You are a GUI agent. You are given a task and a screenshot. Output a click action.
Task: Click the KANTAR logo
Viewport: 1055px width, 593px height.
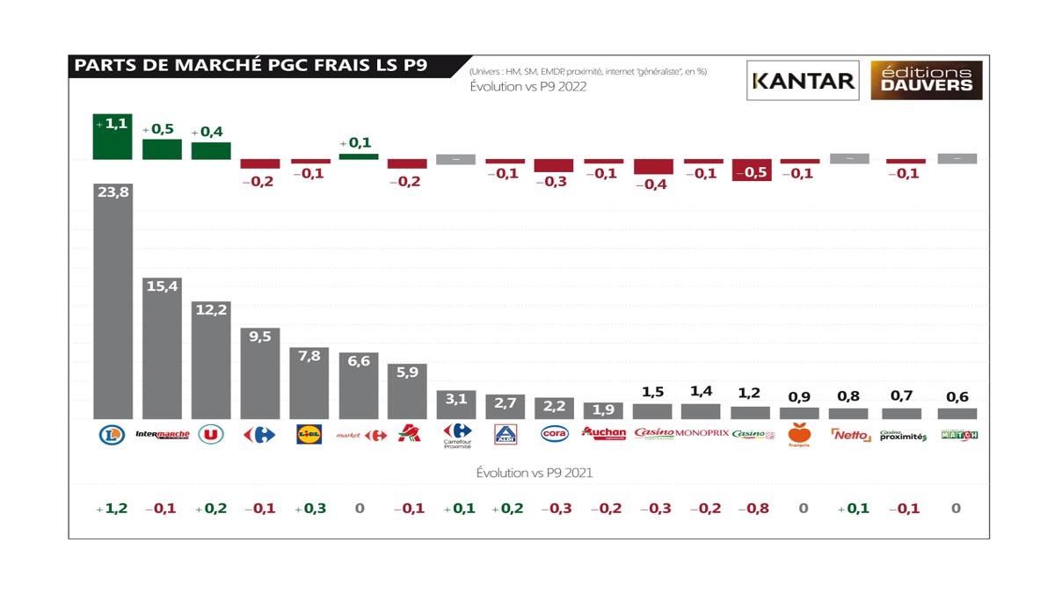pos(803,81)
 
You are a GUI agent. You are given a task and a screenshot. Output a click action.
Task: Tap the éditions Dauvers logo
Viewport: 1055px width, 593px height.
pos(927,80)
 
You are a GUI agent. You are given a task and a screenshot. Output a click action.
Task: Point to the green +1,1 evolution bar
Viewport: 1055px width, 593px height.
pos(113,136)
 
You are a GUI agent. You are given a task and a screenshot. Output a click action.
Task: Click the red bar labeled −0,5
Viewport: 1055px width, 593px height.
pos(752,170)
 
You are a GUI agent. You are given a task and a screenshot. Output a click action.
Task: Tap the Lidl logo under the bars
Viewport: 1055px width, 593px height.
pos(309,434)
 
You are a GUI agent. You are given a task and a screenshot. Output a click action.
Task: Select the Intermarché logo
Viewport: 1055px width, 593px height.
pos(163,434)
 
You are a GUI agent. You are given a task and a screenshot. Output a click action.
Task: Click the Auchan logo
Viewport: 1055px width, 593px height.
pos(604,433)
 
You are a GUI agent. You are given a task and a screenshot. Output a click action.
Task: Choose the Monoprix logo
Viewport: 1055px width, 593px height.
pos(702,433)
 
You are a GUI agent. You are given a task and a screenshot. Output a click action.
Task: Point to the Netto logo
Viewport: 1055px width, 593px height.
pos(849,434)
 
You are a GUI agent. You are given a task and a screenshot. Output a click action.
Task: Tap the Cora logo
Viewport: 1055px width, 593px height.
pos(554,434)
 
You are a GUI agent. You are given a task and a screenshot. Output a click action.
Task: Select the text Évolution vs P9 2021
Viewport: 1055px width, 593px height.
pos(534,473)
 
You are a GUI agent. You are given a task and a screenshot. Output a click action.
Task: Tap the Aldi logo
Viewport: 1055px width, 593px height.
pos(506,434)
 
